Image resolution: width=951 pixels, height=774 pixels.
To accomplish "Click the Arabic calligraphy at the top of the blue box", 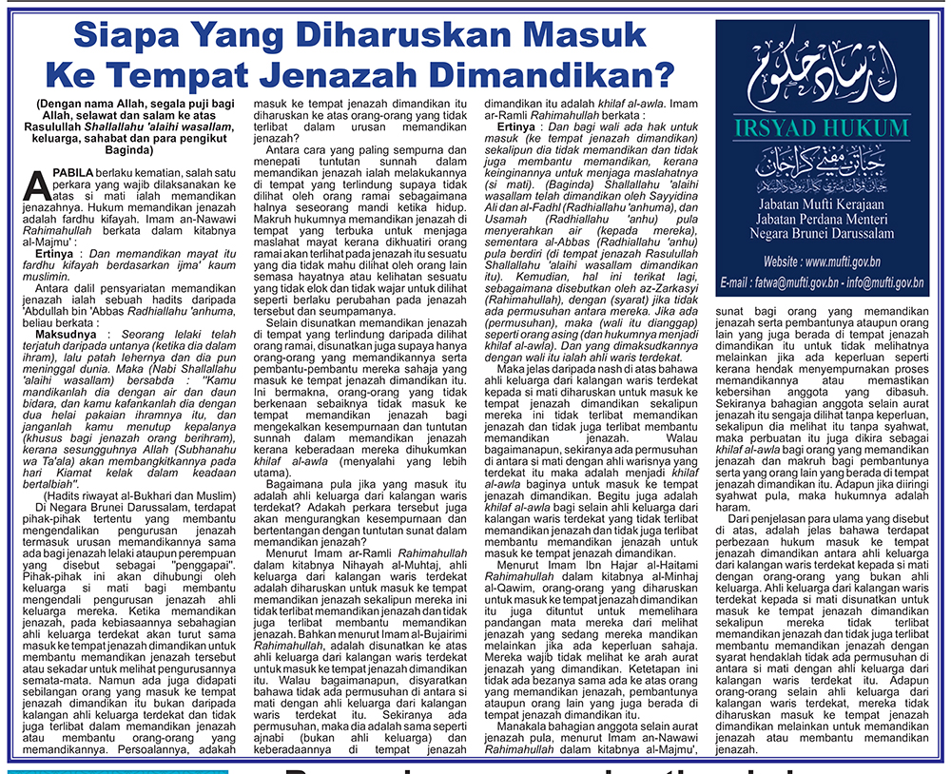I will (x=824, y=77).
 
